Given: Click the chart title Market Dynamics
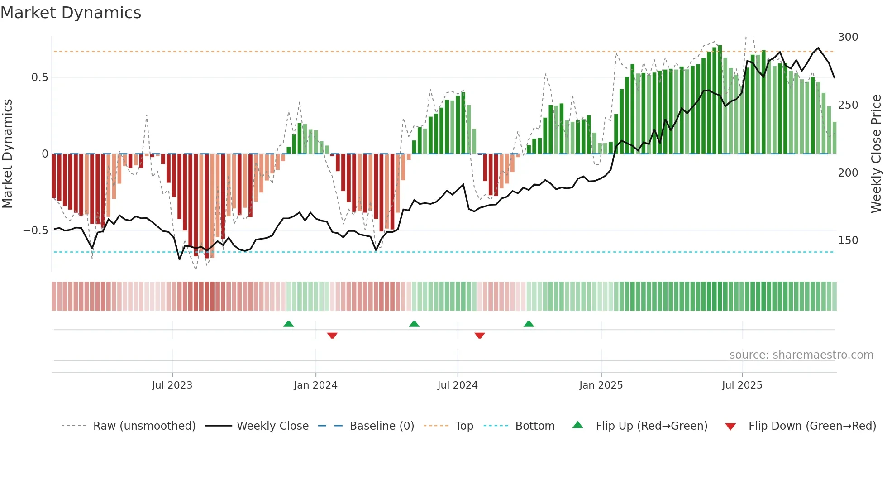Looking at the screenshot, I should pyautogui.click(x=71, y=13).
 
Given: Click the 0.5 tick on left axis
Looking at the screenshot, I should pyautogui.click(x=39, y=77).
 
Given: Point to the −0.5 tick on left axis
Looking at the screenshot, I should pyautogui.click(x=35, y=230).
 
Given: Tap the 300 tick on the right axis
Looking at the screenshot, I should pyautogui.click(x=848, y=37).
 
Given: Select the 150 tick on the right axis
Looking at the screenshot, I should pyautogui.click(x=848, y=240).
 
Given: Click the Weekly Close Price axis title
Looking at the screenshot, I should pyautogui.click(x=876, y=154).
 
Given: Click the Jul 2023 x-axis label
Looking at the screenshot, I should pyautogui.click(x=172, y=385).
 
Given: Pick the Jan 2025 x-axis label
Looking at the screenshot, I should pyautogui.click(x=601, y=385).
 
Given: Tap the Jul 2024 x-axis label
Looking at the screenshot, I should pyautogui.click(x=457, y=385).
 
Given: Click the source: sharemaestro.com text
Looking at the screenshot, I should pyautogui.click(x=801, y=355).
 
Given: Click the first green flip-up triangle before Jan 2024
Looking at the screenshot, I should pyautogui.click(x=288, y=324).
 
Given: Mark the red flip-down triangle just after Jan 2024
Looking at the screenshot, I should pyautogui.click(x=332, y=336).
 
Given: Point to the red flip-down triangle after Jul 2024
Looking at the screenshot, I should pyautogui.click(x=480, y=336).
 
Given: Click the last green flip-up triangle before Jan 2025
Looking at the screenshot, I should pyautogui.click(x=529, y=324).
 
